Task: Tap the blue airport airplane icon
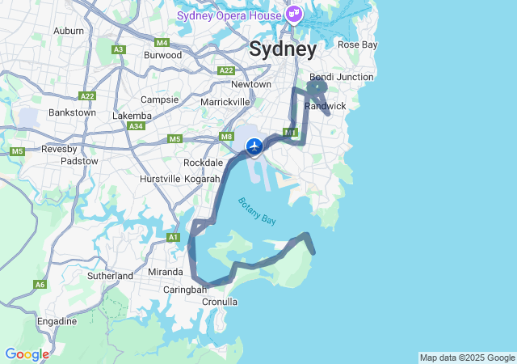(254, 146)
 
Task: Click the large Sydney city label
(283, 49)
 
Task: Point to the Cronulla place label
(219, 302)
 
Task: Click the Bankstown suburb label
(72, 112)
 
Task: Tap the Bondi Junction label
(342, 77)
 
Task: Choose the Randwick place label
(325, 106)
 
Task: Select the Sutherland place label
(110, 276)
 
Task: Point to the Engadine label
(57, 321)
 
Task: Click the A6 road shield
(40, 284)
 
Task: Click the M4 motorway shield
(162, 42)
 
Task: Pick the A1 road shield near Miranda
(173, 237)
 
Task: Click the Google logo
(27, 354)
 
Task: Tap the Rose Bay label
(357, 44)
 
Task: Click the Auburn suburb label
(69, 31)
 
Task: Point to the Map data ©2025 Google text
(467, 358)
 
